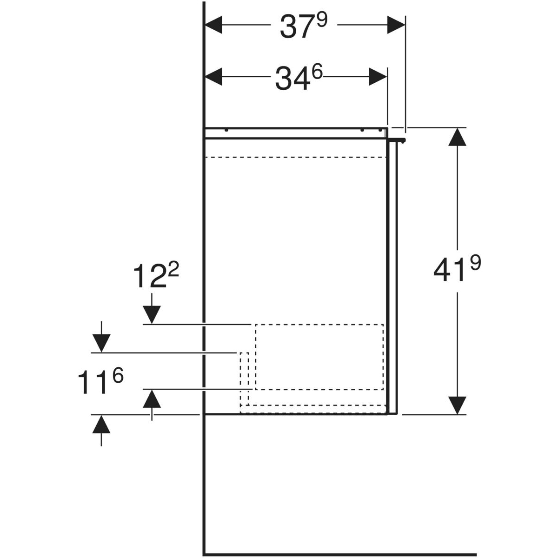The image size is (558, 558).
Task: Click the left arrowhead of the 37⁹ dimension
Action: [x=214, y=25]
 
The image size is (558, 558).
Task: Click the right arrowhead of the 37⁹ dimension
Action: [x=396, y=25]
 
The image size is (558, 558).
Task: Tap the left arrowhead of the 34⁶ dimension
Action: [x=214, y=76]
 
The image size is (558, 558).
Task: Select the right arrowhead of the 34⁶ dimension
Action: [x=378, y=76]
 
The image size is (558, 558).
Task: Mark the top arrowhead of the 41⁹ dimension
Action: [x=458, y=137]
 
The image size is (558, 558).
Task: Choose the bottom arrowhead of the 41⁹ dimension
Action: [x=458, y=405]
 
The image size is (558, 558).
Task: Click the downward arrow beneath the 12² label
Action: [x=152, y=314]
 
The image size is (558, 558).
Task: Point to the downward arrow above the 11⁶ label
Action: [x=101, y=343]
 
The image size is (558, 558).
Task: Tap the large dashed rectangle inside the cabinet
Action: [x=319, y=356]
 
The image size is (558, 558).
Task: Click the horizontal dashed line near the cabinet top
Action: [x=296, y=158]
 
